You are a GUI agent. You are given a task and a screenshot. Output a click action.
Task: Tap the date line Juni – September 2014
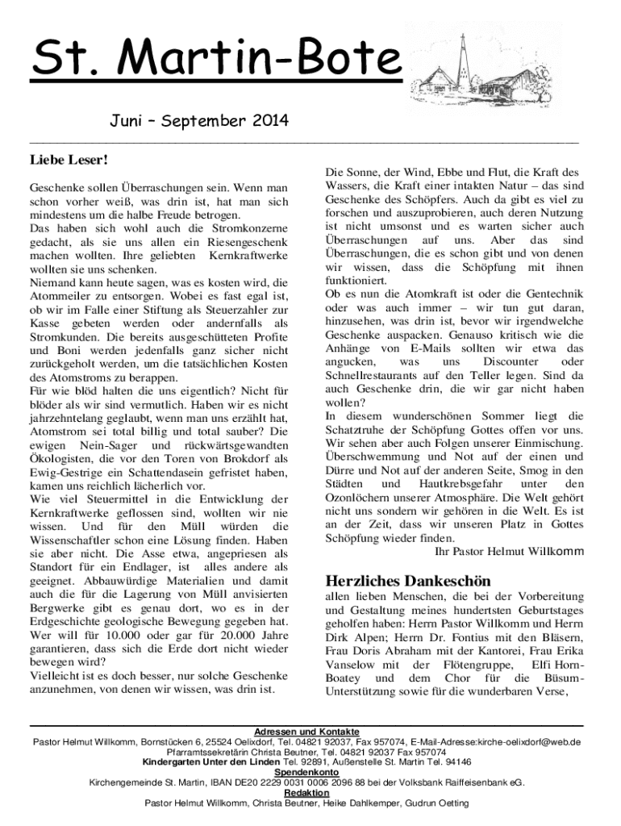point(198,123)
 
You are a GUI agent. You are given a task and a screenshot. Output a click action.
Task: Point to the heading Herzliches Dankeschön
point(408,581)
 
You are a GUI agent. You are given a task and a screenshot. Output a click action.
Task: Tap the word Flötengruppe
point(465,664)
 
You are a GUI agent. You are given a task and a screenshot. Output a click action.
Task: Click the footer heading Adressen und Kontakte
point(306,732)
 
